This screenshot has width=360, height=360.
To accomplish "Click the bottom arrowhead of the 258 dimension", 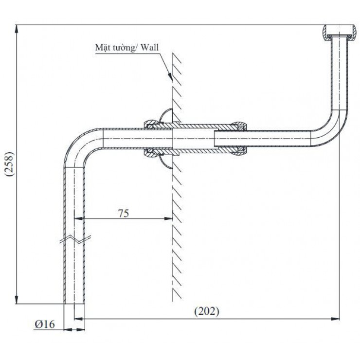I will [17, 301].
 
